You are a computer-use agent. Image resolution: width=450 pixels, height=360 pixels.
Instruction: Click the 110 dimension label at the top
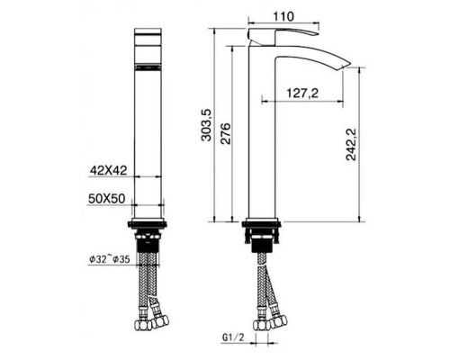coord(283,16)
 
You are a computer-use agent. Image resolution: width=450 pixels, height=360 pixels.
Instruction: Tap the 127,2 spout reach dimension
coord(302,94)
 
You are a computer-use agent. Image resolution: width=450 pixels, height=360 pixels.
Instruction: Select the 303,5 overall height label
coord(207,125)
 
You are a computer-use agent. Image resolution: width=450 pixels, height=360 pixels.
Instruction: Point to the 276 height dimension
coord(225,133)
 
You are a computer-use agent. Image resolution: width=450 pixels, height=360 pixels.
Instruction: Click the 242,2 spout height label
coord(350,144)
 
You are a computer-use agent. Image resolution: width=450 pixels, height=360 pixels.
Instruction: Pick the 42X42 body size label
coord(109,171)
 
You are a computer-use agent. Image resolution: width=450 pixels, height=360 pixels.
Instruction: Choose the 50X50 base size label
coord(106,198)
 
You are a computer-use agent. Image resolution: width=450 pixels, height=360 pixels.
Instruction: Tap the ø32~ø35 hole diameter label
coord(110,259)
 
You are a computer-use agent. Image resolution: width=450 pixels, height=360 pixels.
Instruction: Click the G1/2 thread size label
coord(233,337)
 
